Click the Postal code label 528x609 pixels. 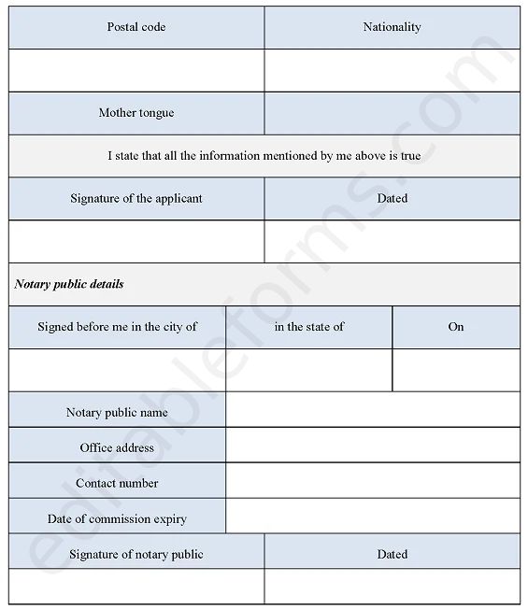click(136, 27)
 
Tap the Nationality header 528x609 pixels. click(392, 27)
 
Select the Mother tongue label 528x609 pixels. click(136, 113)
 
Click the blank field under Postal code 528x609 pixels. click(136, 70)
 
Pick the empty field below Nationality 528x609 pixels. click(392, 70)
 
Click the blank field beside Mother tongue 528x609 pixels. click(392, 113)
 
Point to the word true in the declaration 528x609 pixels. click(410, 156)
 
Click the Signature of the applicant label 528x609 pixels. click(136, 198)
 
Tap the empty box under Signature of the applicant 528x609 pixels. click(136, 241)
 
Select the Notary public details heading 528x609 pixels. click(69, 284)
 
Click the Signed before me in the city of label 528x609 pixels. click(118, 327)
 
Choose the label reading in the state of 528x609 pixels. click(309, 327)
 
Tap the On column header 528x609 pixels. click(456, 327)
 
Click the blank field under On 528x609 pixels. click(456, 370)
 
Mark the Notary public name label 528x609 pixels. click(118, 412)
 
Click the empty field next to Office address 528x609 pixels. click(373, 447)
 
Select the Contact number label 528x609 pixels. click(118, 483)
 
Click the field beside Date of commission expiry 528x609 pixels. click(373, 518)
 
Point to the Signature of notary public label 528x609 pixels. click(136, 554)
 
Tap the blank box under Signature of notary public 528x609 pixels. click(136, 587)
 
